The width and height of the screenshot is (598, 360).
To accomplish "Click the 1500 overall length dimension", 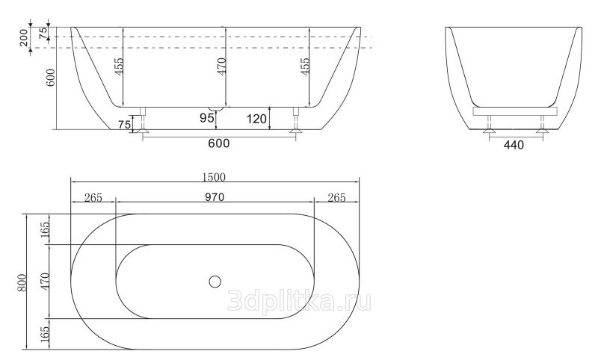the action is [x=214, y=177].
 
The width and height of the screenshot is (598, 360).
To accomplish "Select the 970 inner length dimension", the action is [x=215, y=197].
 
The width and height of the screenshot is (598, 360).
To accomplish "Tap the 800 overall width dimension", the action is [x=22, y=282].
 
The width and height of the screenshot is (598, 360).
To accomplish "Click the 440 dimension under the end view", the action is [x=514, y=145].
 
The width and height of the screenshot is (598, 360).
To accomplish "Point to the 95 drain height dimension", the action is [x=207, y=118].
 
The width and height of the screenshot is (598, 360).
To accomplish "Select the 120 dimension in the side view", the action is [x=256, y=120].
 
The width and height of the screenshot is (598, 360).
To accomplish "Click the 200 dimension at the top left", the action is [x=24, y=37].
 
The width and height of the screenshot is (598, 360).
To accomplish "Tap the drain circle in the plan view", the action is [x=215, y=282].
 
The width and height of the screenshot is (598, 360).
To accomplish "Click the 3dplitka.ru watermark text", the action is [x=299, y=300].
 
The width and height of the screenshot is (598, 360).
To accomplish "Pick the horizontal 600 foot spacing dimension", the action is [x=219, y=143].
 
